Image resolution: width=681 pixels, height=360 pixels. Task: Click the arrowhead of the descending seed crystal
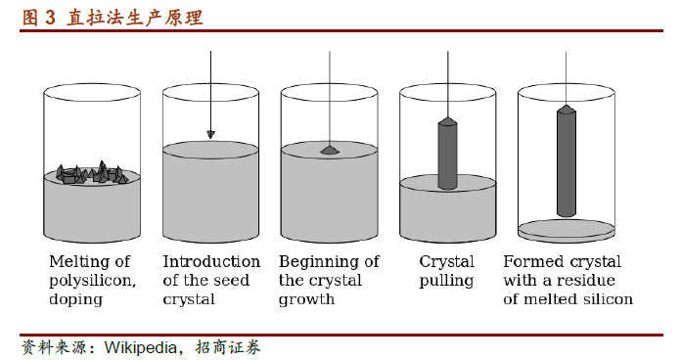210,135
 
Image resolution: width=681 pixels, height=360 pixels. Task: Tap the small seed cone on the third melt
330,150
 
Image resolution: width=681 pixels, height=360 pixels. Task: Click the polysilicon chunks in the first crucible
93,172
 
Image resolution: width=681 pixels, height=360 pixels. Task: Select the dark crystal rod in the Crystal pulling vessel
447,154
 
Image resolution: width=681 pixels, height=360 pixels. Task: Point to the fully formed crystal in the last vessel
567,160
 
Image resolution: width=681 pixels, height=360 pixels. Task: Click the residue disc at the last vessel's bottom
567,229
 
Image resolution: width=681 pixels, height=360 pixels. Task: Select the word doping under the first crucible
75,299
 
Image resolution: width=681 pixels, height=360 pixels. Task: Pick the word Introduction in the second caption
211,261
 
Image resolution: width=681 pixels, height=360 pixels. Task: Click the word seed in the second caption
232,281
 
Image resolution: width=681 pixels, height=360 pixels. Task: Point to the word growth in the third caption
306,299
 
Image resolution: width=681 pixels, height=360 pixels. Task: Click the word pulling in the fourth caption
446,281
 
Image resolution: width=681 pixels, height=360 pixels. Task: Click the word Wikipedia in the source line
140,347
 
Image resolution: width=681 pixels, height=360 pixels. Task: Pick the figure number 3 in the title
50,18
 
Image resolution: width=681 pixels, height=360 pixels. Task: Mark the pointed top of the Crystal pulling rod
448,117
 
